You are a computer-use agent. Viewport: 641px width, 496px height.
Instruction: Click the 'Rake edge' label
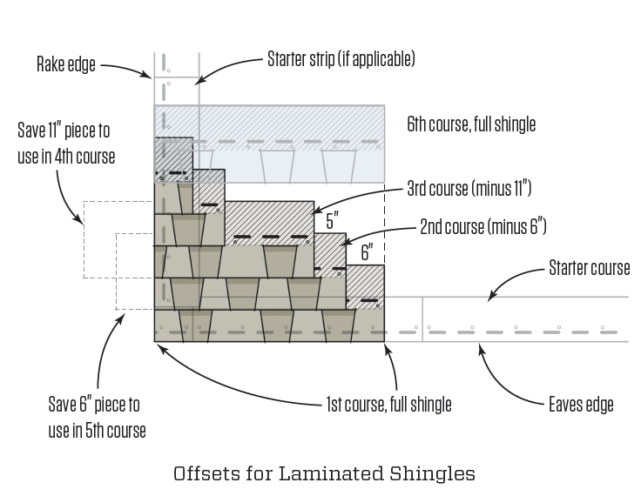click(x=66, y=64)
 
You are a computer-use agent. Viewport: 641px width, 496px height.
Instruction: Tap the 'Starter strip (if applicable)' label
click(x=341, y=59)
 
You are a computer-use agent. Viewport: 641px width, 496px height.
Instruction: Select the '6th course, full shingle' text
click(x=471, y=124)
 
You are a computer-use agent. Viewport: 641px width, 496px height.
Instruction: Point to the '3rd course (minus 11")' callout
click(x=469, y=189)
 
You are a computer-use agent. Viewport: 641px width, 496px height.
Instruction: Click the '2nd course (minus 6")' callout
click(x=483, y=227)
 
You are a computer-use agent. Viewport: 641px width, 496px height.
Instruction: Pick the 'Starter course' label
click(x=589, y=268)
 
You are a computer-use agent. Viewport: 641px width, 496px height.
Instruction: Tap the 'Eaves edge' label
click(x=581, y=405)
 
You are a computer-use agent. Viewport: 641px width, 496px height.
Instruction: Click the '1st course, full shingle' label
click(x=388, y=405)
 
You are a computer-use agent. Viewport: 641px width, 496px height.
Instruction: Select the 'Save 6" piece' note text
click(x=97, y=417)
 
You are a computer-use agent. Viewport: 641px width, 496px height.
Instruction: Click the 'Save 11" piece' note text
click(x=66, y=144)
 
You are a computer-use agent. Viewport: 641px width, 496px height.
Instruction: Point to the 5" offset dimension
click(x=333, y=221)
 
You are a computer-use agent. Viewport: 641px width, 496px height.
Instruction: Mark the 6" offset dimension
click(x=367, y=252)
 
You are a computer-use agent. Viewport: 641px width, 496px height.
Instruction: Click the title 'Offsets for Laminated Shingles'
click(x=324, y=473)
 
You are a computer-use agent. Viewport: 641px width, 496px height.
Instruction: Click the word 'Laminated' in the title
click(x=332, y=473)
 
